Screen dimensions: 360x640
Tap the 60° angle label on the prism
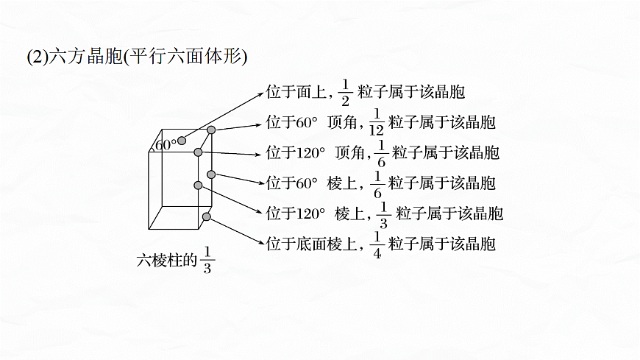point(164,145)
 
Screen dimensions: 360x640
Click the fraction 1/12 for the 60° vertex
point(376,121)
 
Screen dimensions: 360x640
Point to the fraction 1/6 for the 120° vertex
point(380,152)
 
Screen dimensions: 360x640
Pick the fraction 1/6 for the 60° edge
point(376,183)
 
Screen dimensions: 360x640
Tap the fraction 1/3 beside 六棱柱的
point(207,261)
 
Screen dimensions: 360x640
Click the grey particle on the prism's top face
point(182,140)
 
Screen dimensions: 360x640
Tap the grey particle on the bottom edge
point(206,216)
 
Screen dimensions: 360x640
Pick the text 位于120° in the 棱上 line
point(295,213)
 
